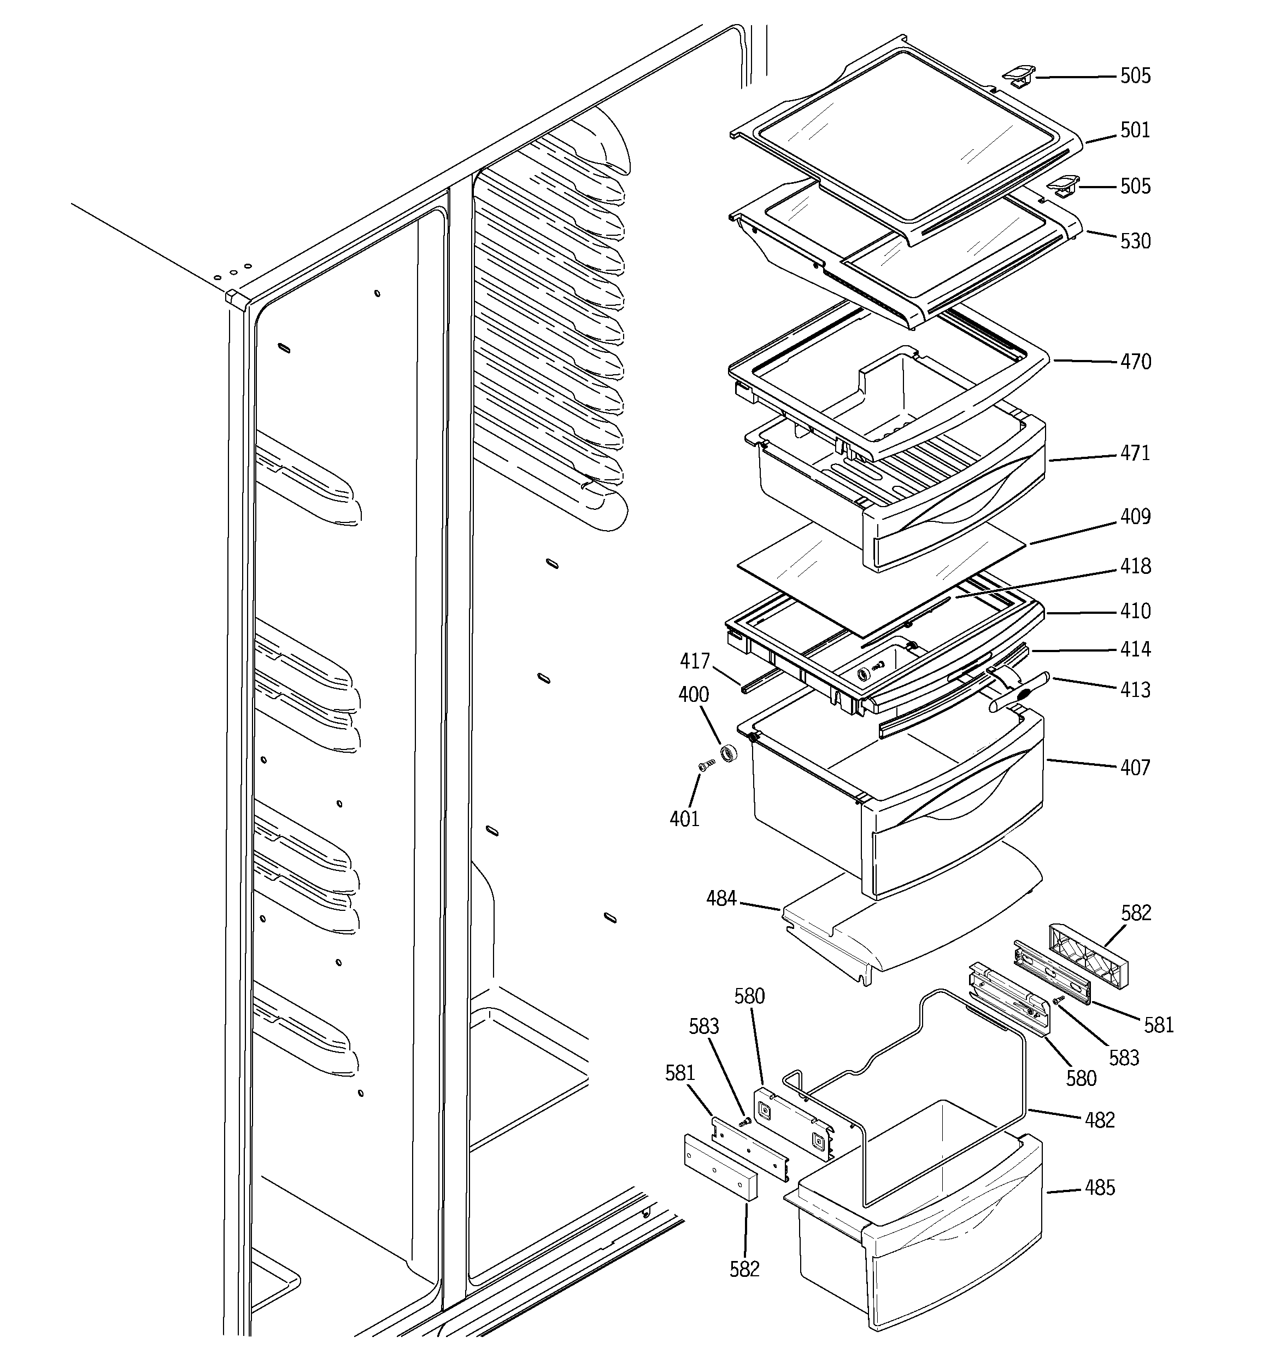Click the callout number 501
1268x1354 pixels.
coord(1135,130)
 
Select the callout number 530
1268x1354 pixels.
coord(1135,241)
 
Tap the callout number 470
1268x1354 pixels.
coord(1135,361)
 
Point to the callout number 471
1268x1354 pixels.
coord(1135,453)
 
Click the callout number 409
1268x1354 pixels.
coord(1135,516)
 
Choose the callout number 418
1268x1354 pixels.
coord(1135,566)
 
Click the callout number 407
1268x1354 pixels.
coord(1135,768)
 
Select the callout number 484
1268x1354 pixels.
coord(721,899)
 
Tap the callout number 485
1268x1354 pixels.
coord(1100,1188)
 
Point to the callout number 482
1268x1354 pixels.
coord(1100,1120)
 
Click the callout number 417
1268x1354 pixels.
coord(694,661)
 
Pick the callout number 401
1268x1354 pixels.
coord(684,818)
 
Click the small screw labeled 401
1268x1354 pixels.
coord(706,765)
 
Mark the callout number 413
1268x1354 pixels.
coord(1135,690)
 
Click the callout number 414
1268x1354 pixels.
coord(1135,649)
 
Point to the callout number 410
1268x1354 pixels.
coord(1135,611)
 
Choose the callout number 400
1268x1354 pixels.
coord(693,695)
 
